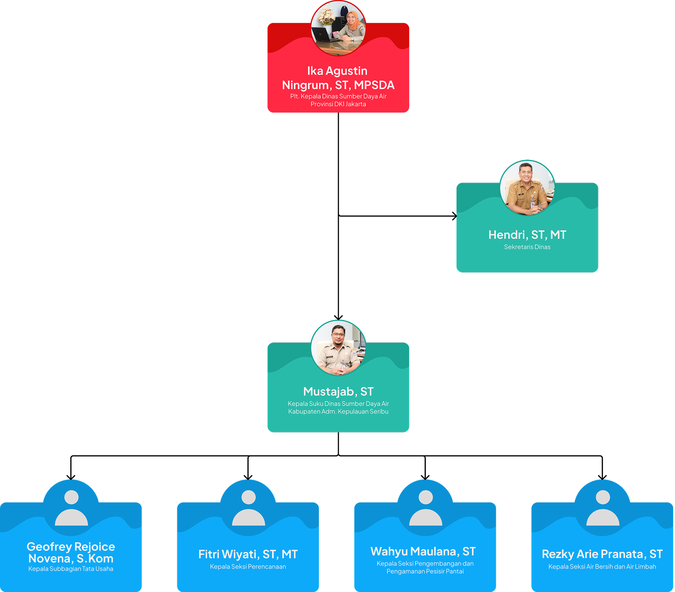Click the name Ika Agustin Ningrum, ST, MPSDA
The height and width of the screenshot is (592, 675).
(x=338, y=78)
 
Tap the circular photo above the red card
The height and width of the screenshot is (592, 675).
(x=338, y=28)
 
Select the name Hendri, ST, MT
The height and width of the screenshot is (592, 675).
(x=527, y=235)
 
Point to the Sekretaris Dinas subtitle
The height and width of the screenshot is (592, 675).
(x=527, y=247)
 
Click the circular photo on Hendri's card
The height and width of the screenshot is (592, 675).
(x=527, y=188)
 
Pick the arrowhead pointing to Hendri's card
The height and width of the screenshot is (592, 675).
(x=454, y=216)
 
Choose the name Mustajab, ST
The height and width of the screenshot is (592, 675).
(x=338, y=392)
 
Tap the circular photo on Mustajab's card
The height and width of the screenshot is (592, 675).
(x=338, y=348)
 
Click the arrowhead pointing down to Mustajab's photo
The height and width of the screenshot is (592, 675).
(x=338, y=317)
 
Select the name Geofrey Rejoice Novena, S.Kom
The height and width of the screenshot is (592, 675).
(x=71, y=552)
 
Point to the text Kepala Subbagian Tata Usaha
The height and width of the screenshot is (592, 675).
(x=71, y=569)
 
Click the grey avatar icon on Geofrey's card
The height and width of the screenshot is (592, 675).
(x=71, y=508)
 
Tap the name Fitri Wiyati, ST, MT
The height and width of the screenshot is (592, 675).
(x=248, y=554)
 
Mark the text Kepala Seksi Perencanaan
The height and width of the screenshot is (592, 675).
(x=248, y=567)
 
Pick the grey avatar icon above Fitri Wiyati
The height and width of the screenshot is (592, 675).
(x=249, y=508)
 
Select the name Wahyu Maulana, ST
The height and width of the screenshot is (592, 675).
(x=423, y=551)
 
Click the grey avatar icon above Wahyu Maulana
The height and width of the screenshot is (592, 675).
(x=426, y=508)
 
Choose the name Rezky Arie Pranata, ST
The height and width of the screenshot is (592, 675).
(x=602, y=554)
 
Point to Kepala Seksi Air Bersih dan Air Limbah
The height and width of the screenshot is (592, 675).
(x=602, y=567)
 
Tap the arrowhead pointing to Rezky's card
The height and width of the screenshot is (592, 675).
(x=602, y=477)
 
